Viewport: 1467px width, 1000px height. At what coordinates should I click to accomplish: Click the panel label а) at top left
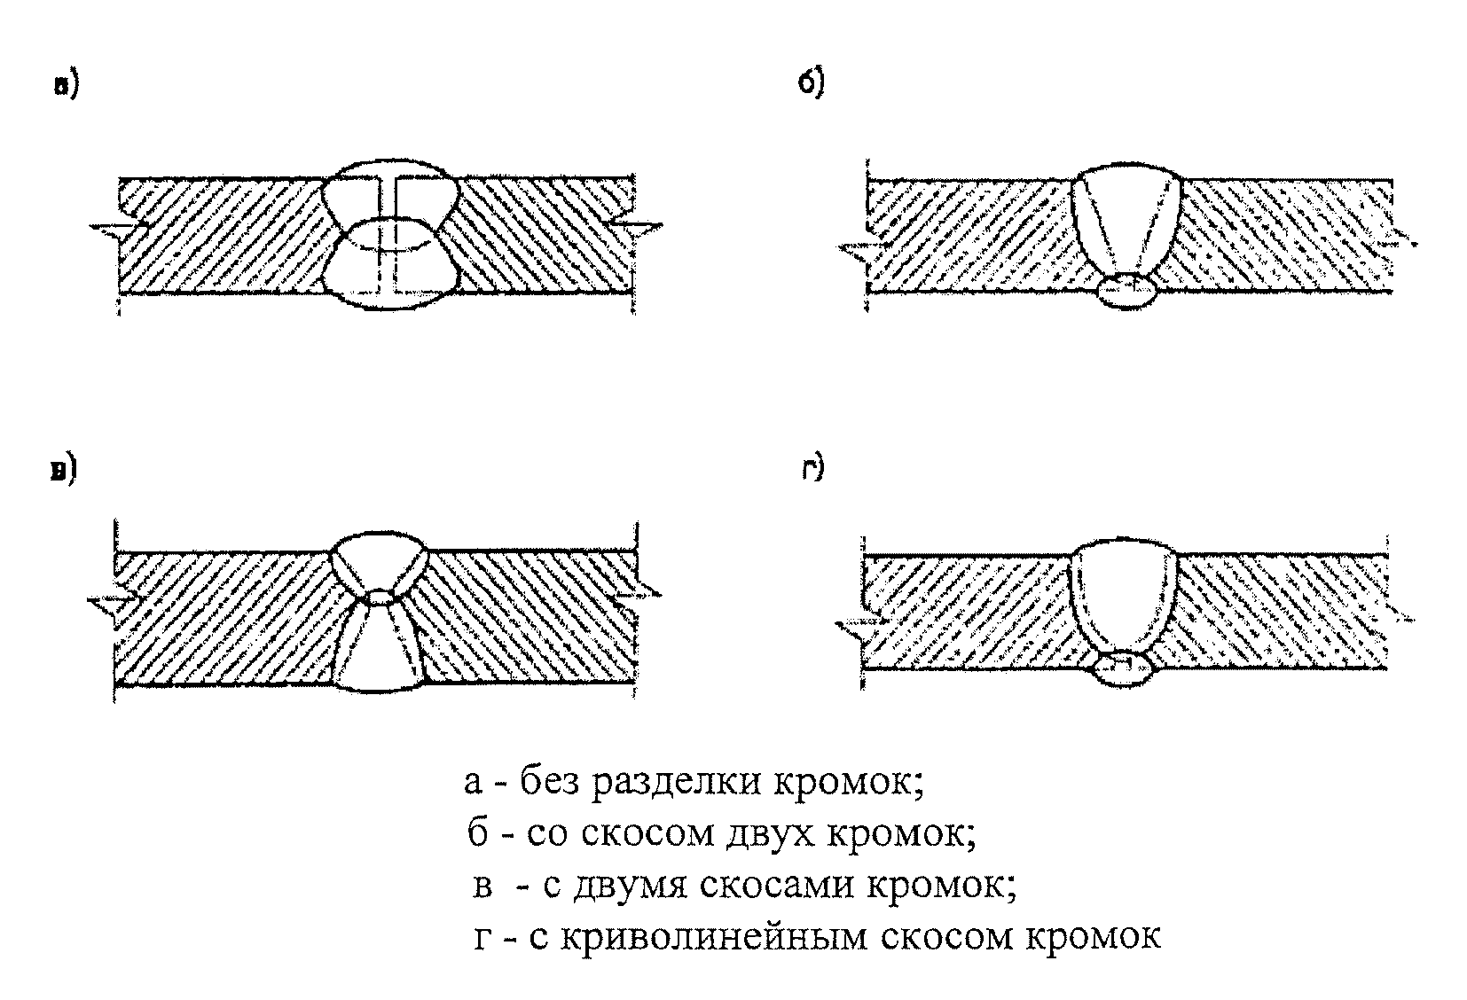point(66,86)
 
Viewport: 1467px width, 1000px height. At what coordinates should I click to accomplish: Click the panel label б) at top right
point(812,82)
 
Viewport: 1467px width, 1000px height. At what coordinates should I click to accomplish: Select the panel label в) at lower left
point(63,471)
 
